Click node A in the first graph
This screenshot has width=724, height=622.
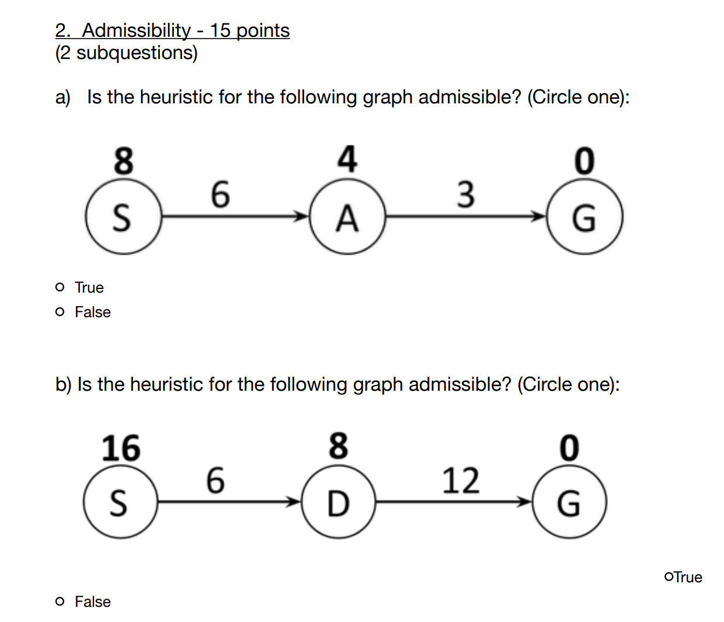pyautogui.click(x=347, y=217)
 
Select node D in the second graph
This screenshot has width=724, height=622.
pyautogui.click(x=338, y=502)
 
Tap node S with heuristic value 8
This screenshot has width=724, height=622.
pyautogui.click(x=122, y=217)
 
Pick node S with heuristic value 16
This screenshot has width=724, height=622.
pyautogui.click(x=120, y=502)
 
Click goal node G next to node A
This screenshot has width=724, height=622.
pyautogui.click(x=584, y=217)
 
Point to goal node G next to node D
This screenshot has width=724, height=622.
pyautogui.click(x=569, y=502)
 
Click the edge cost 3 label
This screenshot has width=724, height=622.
pyautogui.click(x=465, y=194)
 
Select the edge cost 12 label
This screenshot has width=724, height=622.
pyautogui.click(x=461, y=481)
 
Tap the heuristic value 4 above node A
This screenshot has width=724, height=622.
pyautogui.click(x=347, y=159)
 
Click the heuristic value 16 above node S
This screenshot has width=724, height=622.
pyautogui.click(x=121, y=449)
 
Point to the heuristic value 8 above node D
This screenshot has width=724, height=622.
pyautogui.click(x=338, y=446)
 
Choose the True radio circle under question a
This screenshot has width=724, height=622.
pyautogui.click(x=60, y=287)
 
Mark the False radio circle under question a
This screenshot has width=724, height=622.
pyautogui.click(x=60, y=312)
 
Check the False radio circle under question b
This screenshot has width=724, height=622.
pyautogui.click(x=60, y=602)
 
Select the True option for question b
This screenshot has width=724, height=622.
pyautogui.click(x=669, y=577)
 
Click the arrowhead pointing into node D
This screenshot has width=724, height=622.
pyautogui.click(x=293, y=502)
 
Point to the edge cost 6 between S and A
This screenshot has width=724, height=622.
pyautogui.click(x=220, y=194)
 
